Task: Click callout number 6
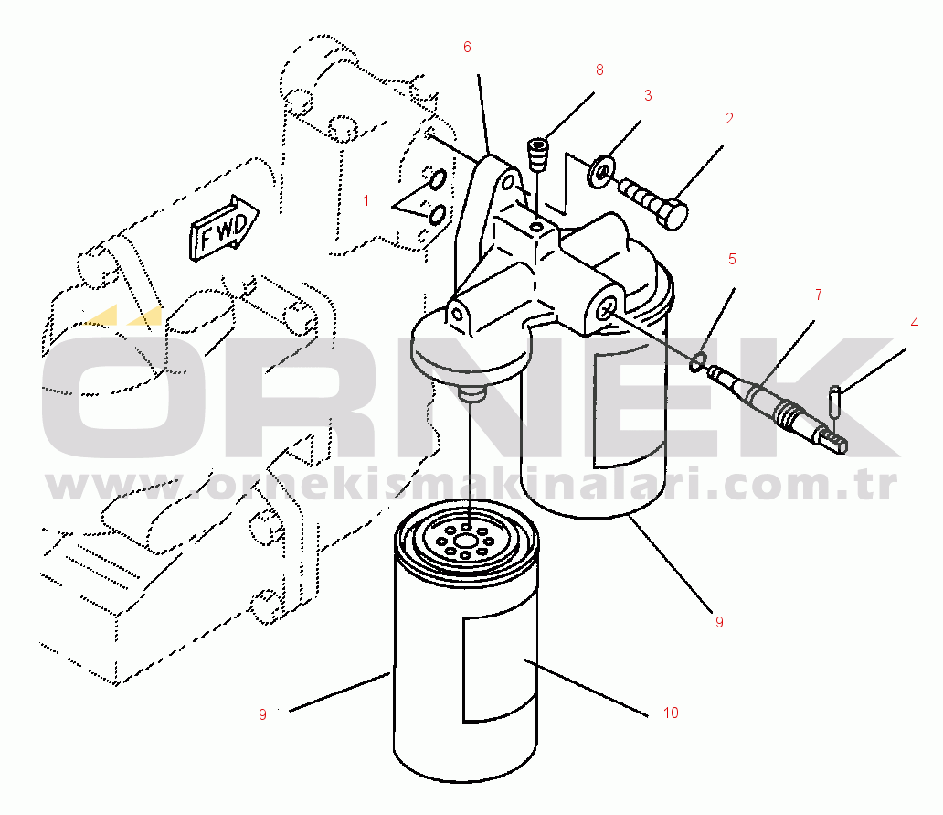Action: (467, 47)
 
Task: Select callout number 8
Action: (599, 70)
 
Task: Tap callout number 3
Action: (648, 95)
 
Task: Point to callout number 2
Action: (729, 119)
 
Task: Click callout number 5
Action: (732, 260)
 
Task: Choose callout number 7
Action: (819, 295)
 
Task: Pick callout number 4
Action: (915, 323)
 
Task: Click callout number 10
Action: (671, 713)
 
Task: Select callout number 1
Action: (366, 200)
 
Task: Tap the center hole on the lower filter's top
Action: (466, 528)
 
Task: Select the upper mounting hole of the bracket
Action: (509, 181)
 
